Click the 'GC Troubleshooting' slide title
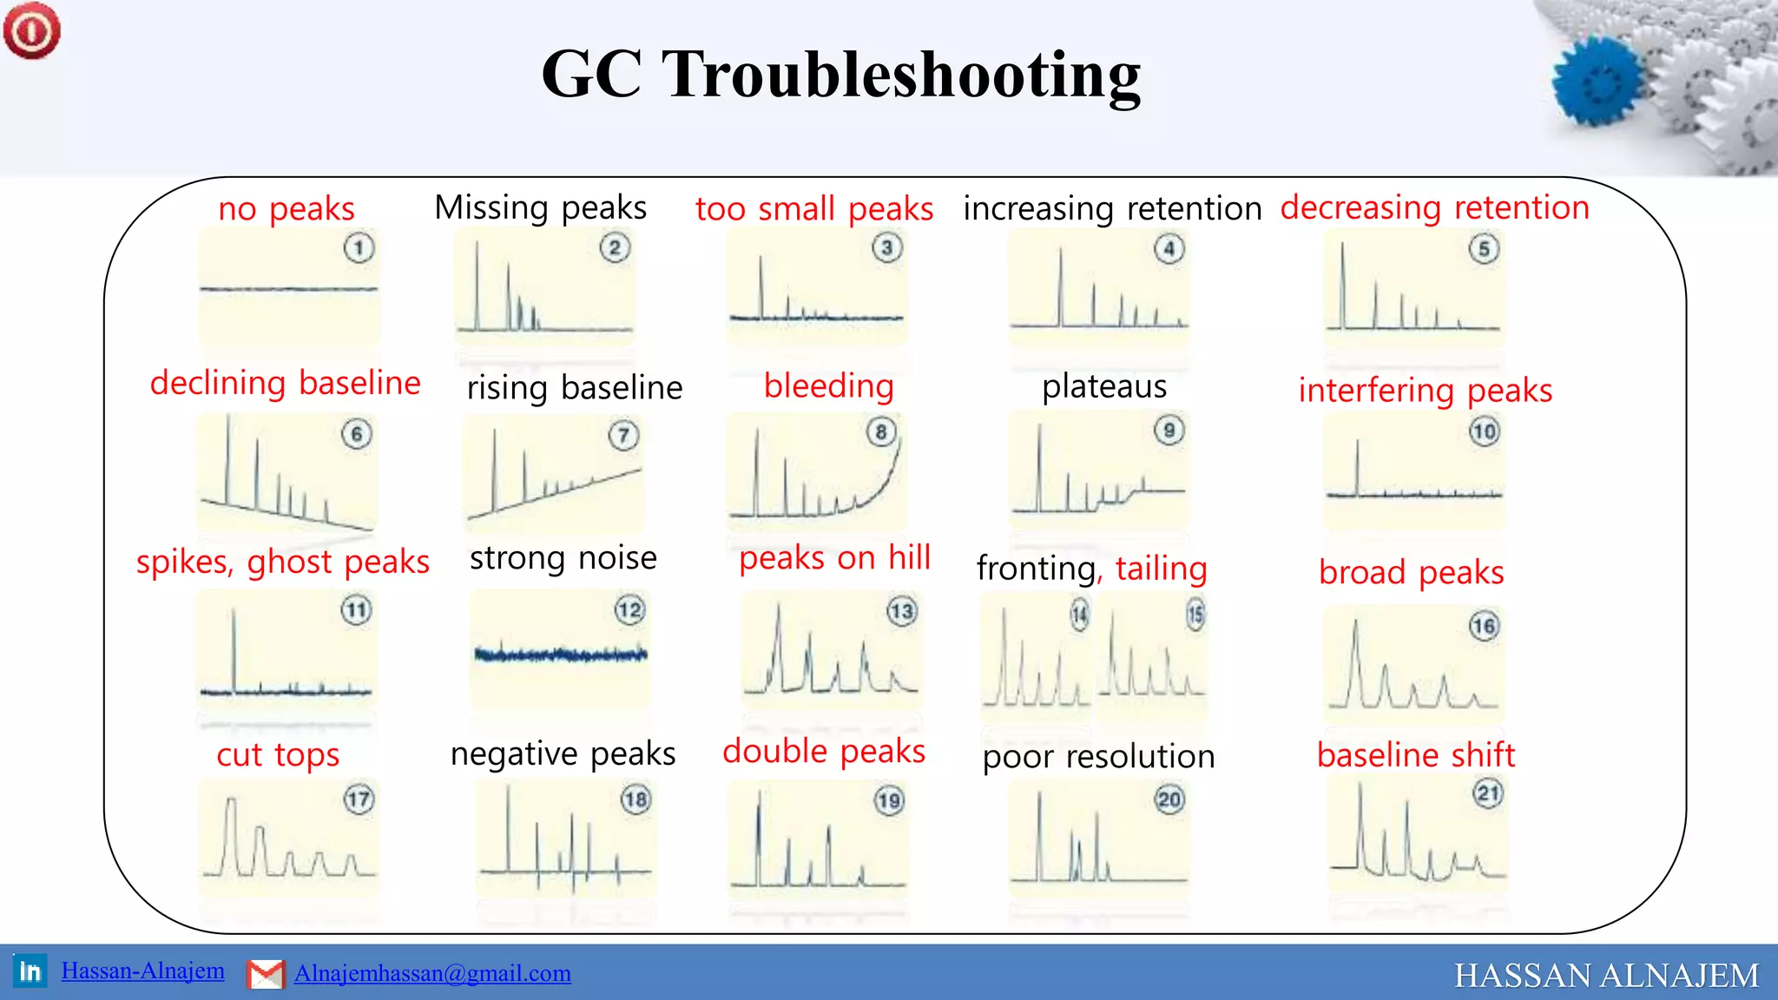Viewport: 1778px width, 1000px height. click(840, 75)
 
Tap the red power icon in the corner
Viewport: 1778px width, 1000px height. click(32, 30)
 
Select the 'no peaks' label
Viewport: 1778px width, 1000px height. click(286, 209)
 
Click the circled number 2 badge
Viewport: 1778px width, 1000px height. click(615, 248)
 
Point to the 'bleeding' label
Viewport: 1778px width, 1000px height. click(828, 386)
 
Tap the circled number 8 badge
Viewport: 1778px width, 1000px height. click(881, 432)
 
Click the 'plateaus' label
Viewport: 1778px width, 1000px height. click(1104, 386)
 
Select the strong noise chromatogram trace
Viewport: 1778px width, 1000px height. click(561, 654)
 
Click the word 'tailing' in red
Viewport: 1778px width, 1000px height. click(1162, 569)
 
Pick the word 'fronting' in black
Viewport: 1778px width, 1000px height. click(1035, 569)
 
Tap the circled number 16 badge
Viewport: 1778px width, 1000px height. click(1484, 626)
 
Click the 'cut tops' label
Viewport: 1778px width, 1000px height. click(278, 755)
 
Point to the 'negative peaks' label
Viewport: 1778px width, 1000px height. click(563, 753)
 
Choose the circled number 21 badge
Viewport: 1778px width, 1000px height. click(1488, 793)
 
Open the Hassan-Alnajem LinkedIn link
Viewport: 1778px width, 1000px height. click(142, 970)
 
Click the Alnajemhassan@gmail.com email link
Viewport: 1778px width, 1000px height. click(432, 973)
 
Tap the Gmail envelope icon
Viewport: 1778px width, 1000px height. click(266, 974)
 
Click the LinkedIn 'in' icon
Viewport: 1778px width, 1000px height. click(30, 970)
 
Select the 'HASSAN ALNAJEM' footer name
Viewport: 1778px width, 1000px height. click(1606, 976)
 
